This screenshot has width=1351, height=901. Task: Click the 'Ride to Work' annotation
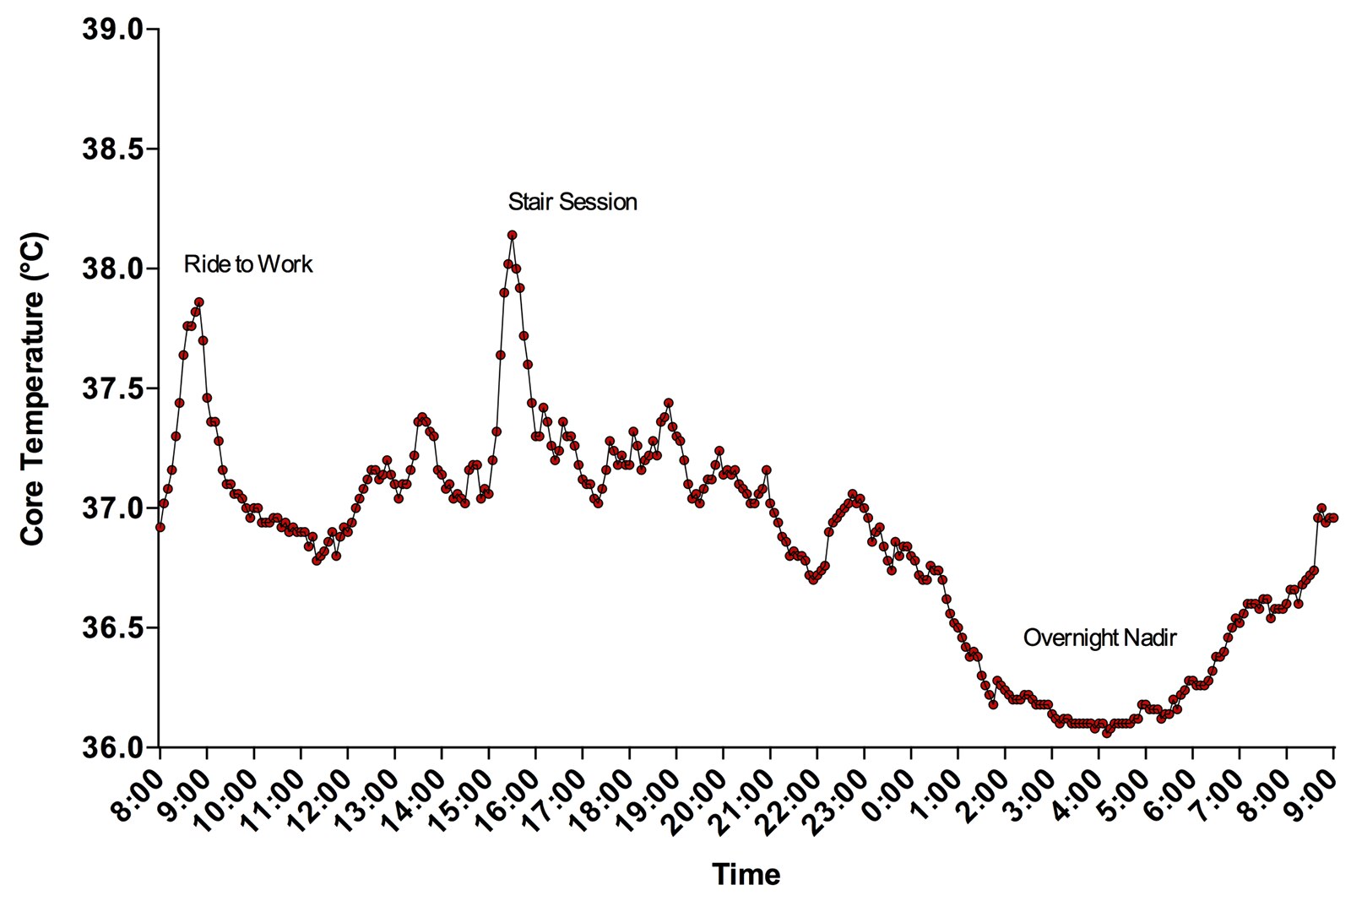(x=247, y=265)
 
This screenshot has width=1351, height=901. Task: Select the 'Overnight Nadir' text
(x=1099, y=638)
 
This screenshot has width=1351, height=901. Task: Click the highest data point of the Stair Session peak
(x=512, y=236)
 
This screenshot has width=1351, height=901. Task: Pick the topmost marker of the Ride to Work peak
(x=199, y=301)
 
